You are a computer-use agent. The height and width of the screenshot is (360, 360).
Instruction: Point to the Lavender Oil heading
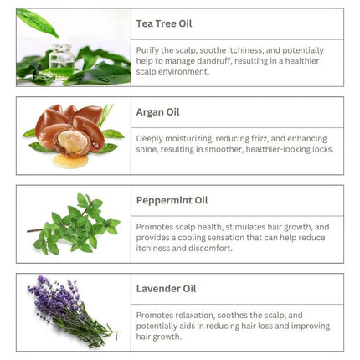click(x=166, y=290)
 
